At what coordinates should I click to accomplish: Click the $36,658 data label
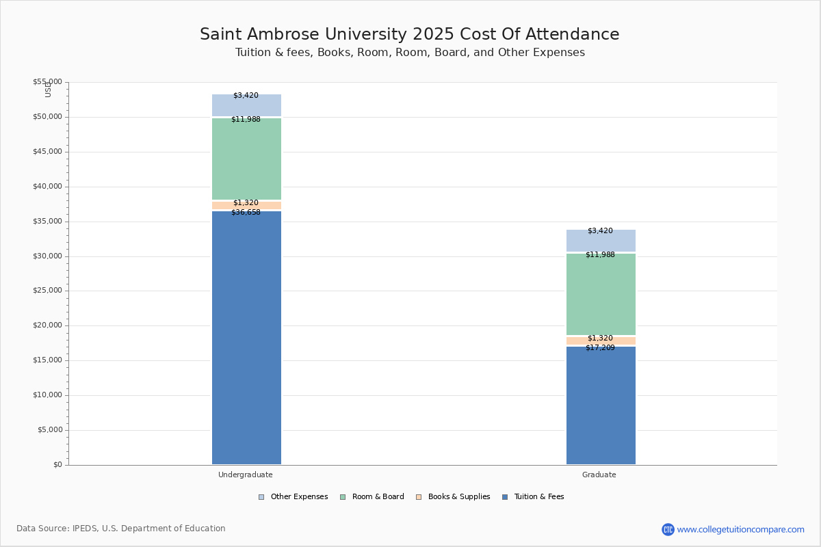coord(246,213)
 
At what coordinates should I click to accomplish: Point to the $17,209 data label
coord(600,348)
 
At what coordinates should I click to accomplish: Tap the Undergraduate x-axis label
coord(246,475)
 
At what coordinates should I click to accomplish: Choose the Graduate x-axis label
coord(599,475)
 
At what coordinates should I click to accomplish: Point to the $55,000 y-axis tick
coord(47,82)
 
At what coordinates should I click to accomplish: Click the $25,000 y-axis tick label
coord(47,291)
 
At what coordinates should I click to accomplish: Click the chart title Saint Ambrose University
coord(409,35)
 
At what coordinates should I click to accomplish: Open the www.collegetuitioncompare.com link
coord(740,529)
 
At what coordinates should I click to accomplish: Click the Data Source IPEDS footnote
coord(121,529)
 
